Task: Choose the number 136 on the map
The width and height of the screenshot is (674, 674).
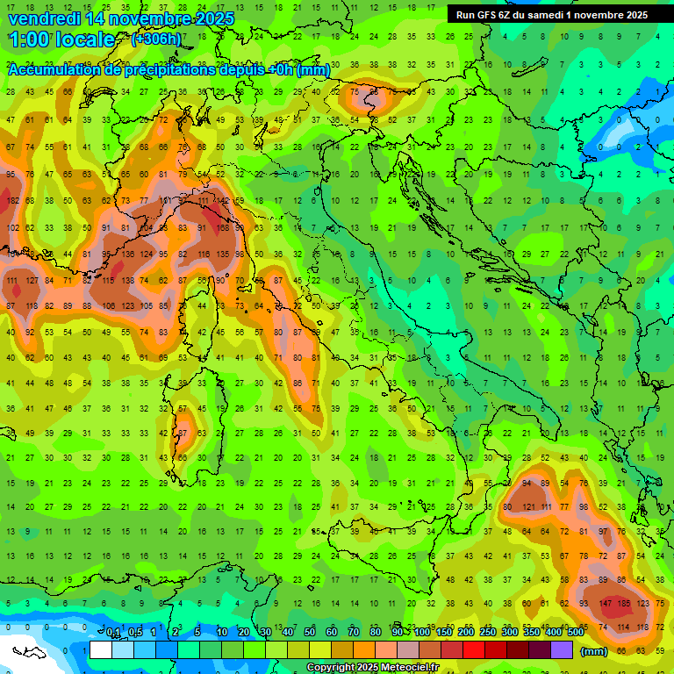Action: (x=128, y=255)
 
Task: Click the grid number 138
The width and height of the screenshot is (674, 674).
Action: (x=128, y=280)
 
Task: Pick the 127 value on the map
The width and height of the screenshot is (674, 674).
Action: (x=32, y=281)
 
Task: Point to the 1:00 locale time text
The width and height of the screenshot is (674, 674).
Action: (x=61, y=39)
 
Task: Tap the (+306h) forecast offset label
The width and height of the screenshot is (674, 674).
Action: (x=156, y=39)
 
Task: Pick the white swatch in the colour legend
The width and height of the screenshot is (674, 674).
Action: (x=101, y=650)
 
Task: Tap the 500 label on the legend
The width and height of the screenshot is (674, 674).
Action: (x=575, y=633)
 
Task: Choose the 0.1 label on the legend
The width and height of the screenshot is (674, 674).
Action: (x=114, y=633)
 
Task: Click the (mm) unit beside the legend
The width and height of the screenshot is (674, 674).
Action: (x=594, y=651)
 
